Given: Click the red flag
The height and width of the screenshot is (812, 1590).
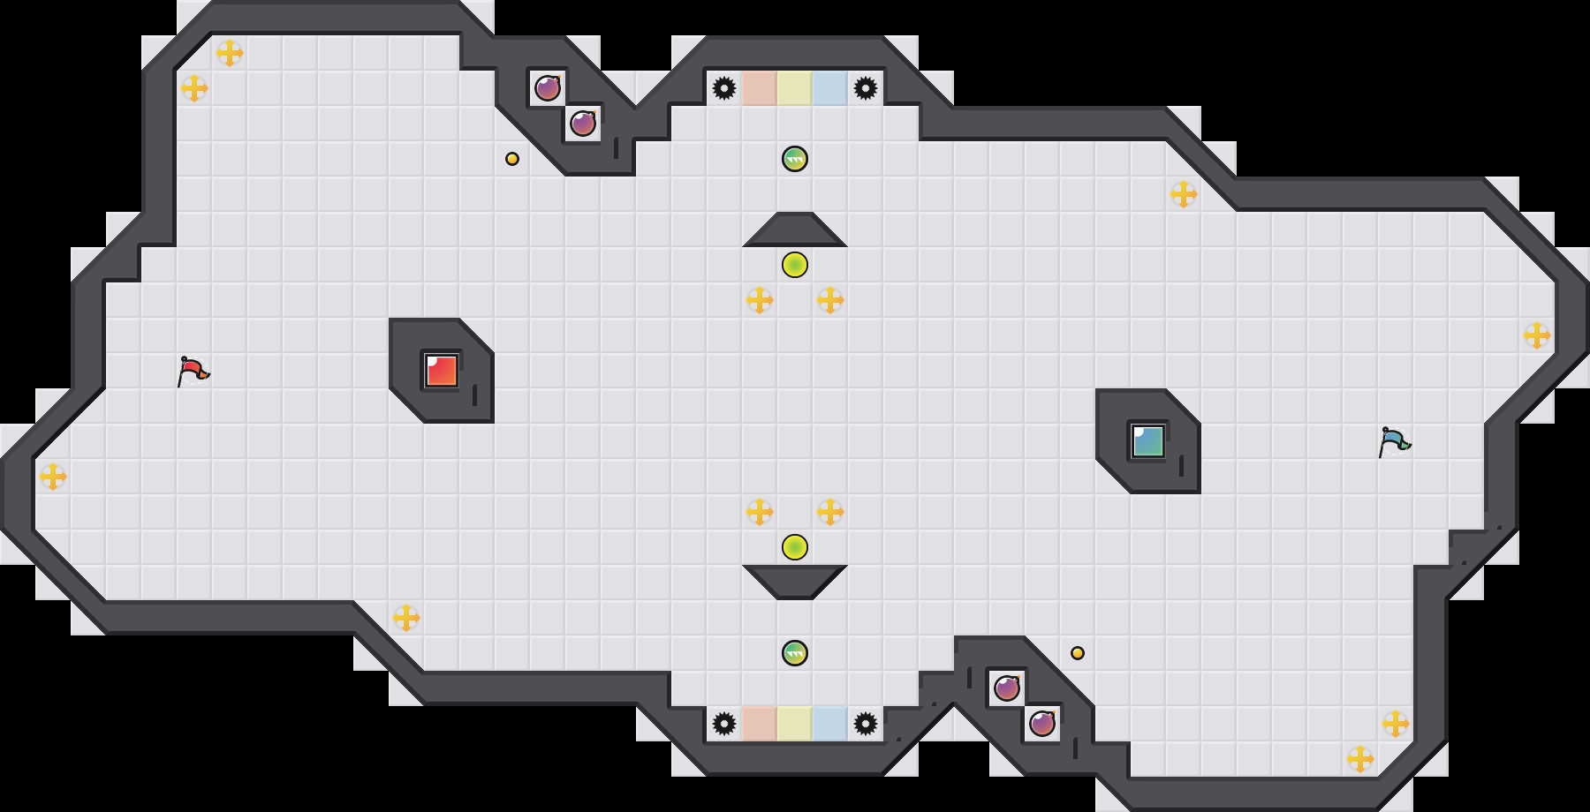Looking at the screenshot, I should [193, 371].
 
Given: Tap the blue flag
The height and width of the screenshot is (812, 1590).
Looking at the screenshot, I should [1394, 441].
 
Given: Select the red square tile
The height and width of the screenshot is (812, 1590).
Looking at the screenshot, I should [442, 371].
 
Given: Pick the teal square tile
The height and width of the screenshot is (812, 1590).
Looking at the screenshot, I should [1148, 441].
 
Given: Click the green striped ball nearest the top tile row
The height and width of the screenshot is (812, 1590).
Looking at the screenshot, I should [795, 159].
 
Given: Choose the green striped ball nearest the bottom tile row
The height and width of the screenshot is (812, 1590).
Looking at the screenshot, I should [795, 653].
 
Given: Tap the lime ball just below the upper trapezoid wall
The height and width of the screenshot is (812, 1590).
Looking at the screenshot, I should [795, 265].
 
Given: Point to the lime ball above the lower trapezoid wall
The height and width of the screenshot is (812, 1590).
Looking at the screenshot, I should [795, 547].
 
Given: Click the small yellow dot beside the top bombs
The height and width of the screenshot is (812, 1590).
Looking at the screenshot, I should [512, 159].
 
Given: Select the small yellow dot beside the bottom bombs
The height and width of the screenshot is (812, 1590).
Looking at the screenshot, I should [1078, 653].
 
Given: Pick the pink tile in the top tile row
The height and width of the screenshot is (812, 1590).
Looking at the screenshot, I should [760, 88].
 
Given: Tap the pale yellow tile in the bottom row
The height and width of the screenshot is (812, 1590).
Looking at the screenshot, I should [795, 724].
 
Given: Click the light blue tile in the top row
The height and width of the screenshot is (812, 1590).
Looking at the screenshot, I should [830, 88].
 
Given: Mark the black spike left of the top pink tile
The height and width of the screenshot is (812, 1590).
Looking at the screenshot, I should [724, 88].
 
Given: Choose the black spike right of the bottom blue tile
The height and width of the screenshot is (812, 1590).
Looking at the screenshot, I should [866, 724].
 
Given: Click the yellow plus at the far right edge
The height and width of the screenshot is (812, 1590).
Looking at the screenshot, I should [1537, 335].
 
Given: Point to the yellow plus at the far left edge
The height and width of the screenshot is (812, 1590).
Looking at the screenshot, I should [53, 477].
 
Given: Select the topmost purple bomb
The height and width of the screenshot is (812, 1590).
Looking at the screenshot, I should [548, 88].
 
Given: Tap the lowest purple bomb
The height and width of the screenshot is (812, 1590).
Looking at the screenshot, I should [1042, 724].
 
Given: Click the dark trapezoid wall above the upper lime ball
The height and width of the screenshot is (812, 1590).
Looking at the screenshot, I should [795, 230].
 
